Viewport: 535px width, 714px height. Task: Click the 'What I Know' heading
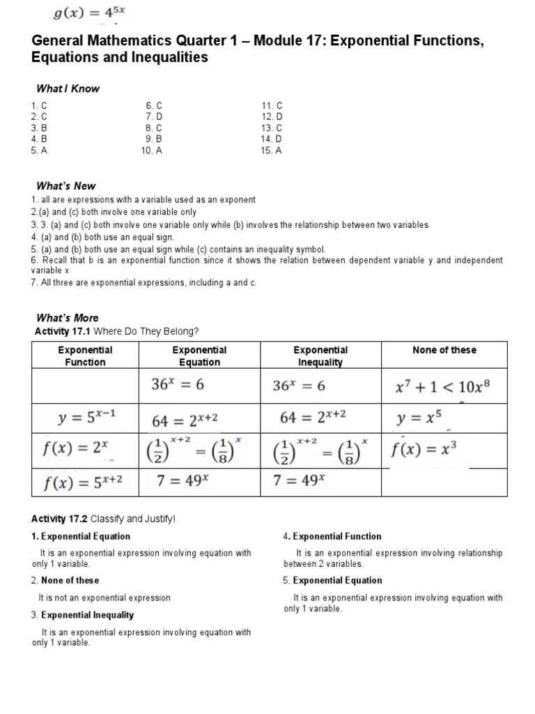tap(68, 89)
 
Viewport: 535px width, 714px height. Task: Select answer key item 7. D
tap(154, 116)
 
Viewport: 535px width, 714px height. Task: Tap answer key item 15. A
tap(272, 150)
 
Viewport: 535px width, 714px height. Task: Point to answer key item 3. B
tap(38, 128)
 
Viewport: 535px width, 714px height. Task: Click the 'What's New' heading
tap(65, 186)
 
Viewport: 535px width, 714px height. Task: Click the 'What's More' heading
tap(67, 317)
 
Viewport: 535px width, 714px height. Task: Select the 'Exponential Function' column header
tap(85, 356)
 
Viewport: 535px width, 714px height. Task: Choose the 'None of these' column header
tap(444, 350)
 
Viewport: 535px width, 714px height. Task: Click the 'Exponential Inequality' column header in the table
tap(320, 356)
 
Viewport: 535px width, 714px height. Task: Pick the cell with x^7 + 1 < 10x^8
tap(444, 386)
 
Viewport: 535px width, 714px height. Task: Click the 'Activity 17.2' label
tap(60, 519)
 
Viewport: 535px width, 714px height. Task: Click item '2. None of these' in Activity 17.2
tap(65, 580)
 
